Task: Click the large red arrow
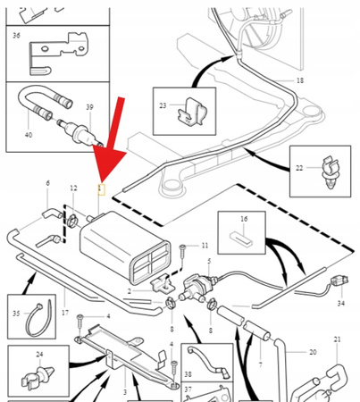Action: [112, 140]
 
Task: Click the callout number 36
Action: [16, 36]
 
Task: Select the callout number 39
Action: [89, 107]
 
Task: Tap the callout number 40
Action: [29, 135]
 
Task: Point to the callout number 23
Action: [163, 105]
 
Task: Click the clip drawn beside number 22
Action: [331, 173]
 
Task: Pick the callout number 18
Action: [300, 80]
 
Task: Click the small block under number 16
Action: [241, 239]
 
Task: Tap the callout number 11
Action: [205, 246]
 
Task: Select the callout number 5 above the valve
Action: [209, 261]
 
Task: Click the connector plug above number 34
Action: [339, 281]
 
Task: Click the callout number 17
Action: [65, 313]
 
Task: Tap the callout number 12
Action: [73, 188]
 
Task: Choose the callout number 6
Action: [48, 183]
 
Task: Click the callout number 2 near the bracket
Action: [130, 291]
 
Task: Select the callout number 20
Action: [313, 352]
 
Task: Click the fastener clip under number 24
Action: [38, 376]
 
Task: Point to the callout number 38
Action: [188, 374]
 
